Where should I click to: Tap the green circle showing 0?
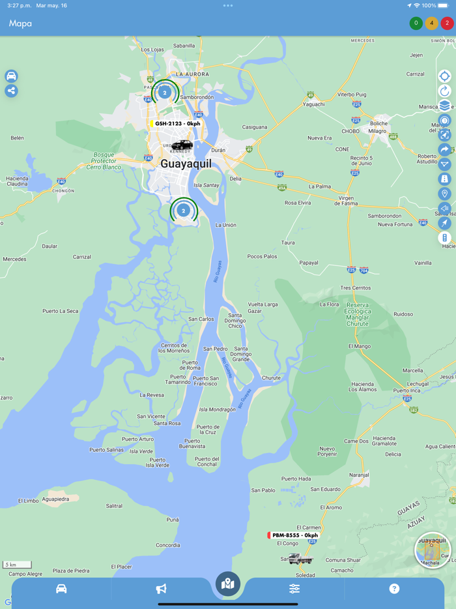coord(416,23)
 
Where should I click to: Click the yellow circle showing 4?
coord(431,23)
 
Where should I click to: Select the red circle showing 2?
coord(447,23)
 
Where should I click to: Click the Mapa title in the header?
coord(20,23)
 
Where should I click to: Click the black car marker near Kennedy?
coord(182,145)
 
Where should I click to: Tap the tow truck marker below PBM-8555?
coord(300,559)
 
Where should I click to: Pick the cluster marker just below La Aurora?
coord(165,93)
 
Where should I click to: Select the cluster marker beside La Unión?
coord(183,211)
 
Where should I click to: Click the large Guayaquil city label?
coord(186,164)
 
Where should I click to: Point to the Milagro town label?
coord(377,131)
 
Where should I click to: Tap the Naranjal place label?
coord(359,475)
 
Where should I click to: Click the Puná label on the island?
coord(173,520)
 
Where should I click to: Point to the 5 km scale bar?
coord(17,565)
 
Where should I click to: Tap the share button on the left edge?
coord(11,91)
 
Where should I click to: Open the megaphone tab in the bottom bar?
coord(161,589)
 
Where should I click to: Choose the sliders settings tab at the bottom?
coord(294,589)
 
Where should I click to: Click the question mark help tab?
coord(394,589)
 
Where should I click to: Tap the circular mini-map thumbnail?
coord(433,550)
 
